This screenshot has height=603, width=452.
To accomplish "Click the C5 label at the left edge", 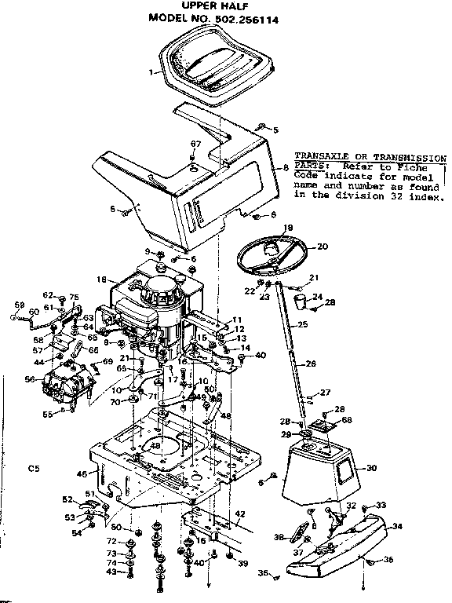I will pyautogui.click(x=33, y=469).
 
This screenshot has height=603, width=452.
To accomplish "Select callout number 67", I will pyautogui.click(x=195, y=143).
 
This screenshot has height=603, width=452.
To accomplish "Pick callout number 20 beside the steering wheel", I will pyautogui.click(x=321, y=246).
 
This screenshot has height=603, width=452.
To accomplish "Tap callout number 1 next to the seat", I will pyautogui.click(x=149, y=72).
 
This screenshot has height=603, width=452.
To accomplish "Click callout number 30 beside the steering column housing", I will pyautogui.click(x=371, y=468).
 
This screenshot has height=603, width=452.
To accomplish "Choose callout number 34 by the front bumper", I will pyautogui.click(x=397, y=526).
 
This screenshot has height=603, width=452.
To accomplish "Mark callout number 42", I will pyautogui.click(x=240, y=514).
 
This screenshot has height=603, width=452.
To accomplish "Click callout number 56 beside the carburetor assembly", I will pyautogui.click(x=29, y=378).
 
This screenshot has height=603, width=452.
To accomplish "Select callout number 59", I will pyautogui.click(x=19, y=305).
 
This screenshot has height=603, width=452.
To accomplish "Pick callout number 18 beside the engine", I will pyautogui.click(x=101, y=279).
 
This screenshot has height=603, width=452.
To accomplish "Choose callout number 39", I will pyautogui.click(x=243, y=563).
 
